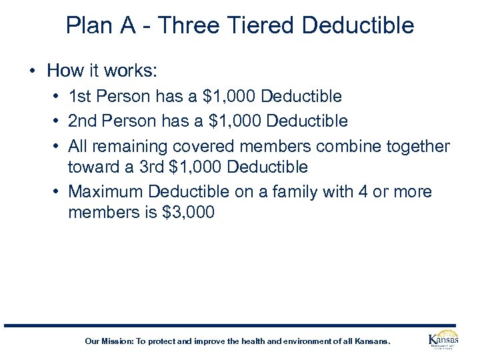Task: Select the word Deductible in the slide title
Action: pos(358,25)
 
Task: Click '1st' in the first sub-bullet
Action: pos(80,97)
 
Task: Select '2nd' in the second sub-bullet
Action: pos(83,121)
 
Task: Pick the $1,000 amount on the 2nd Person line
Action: pos(229,121)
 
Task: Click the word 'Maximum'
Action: pos(105,192)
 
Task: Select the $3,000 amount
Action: pos(189,213)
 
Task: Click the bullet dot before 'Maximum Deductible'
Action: pos(57,193)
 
